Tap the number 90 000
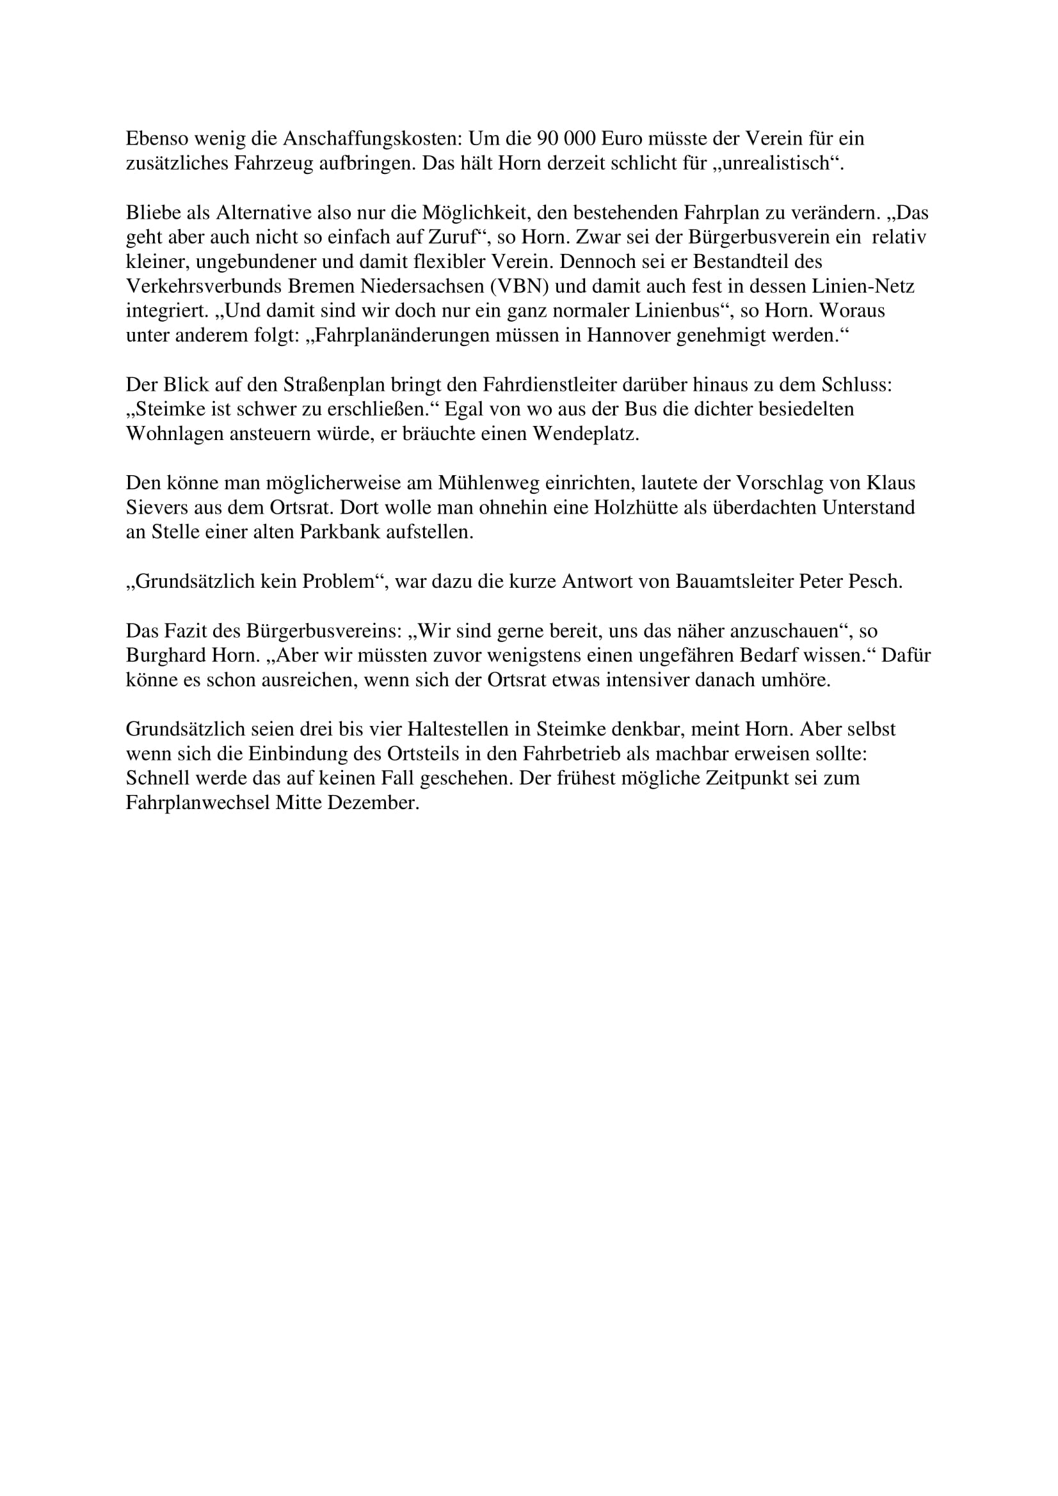[566, 139]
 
